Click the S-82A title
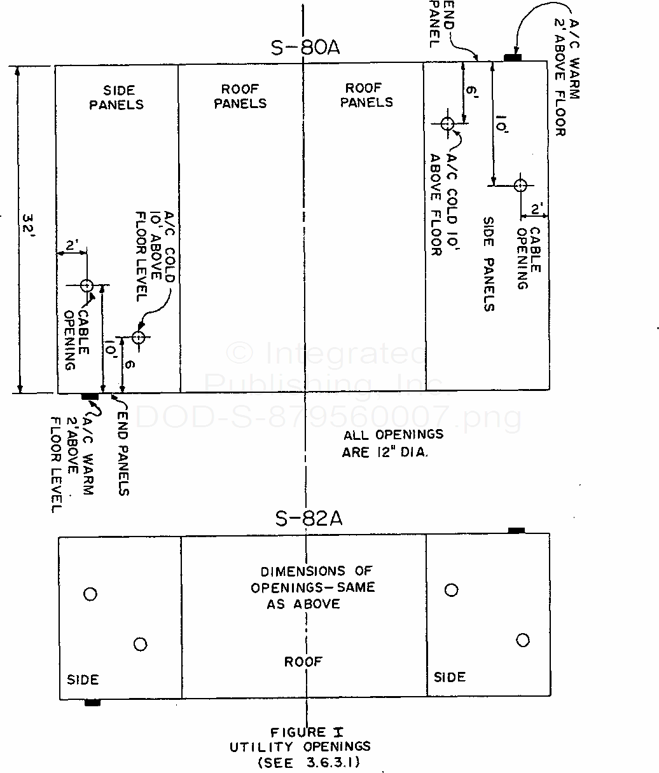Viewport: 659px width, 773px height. coord(309,519)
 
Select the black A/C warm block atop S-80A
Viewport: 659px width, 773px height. coord(513,58)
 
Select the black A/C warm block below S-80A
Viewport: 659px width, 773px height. coord(90,397)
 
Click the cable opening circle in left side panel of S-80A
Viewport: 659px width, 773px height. coord(87,285)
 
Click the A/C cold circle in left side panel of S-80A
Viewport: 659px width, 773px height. coord(139,337)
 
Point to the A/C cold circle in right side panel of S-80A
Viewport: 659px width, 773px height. coord(447,123)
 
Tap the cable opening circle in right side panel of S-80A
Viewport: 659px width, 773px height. coord(520,186)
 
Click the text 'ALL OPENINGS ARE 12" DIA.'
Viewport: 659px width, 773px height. coord(393,443)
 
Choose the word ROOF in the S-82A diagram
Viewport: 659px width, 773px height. coord(303,662)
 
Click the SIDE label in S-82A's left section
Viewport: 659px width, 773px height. coord(83,680)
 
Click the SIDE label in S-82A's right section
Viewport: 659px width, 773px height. coord(450,677)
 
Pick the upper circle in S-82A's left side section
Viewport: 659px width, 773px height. coord(90,594)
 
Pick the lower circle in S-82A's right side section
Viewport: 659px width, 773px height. coord(523,640)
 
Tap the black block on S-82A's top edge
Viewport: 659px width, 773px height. coord(516,530)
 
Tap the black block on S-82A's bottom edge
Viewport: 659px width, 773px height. coord(92,702)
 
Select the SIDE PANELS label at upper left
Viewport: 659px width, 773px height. coord(116,98)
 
